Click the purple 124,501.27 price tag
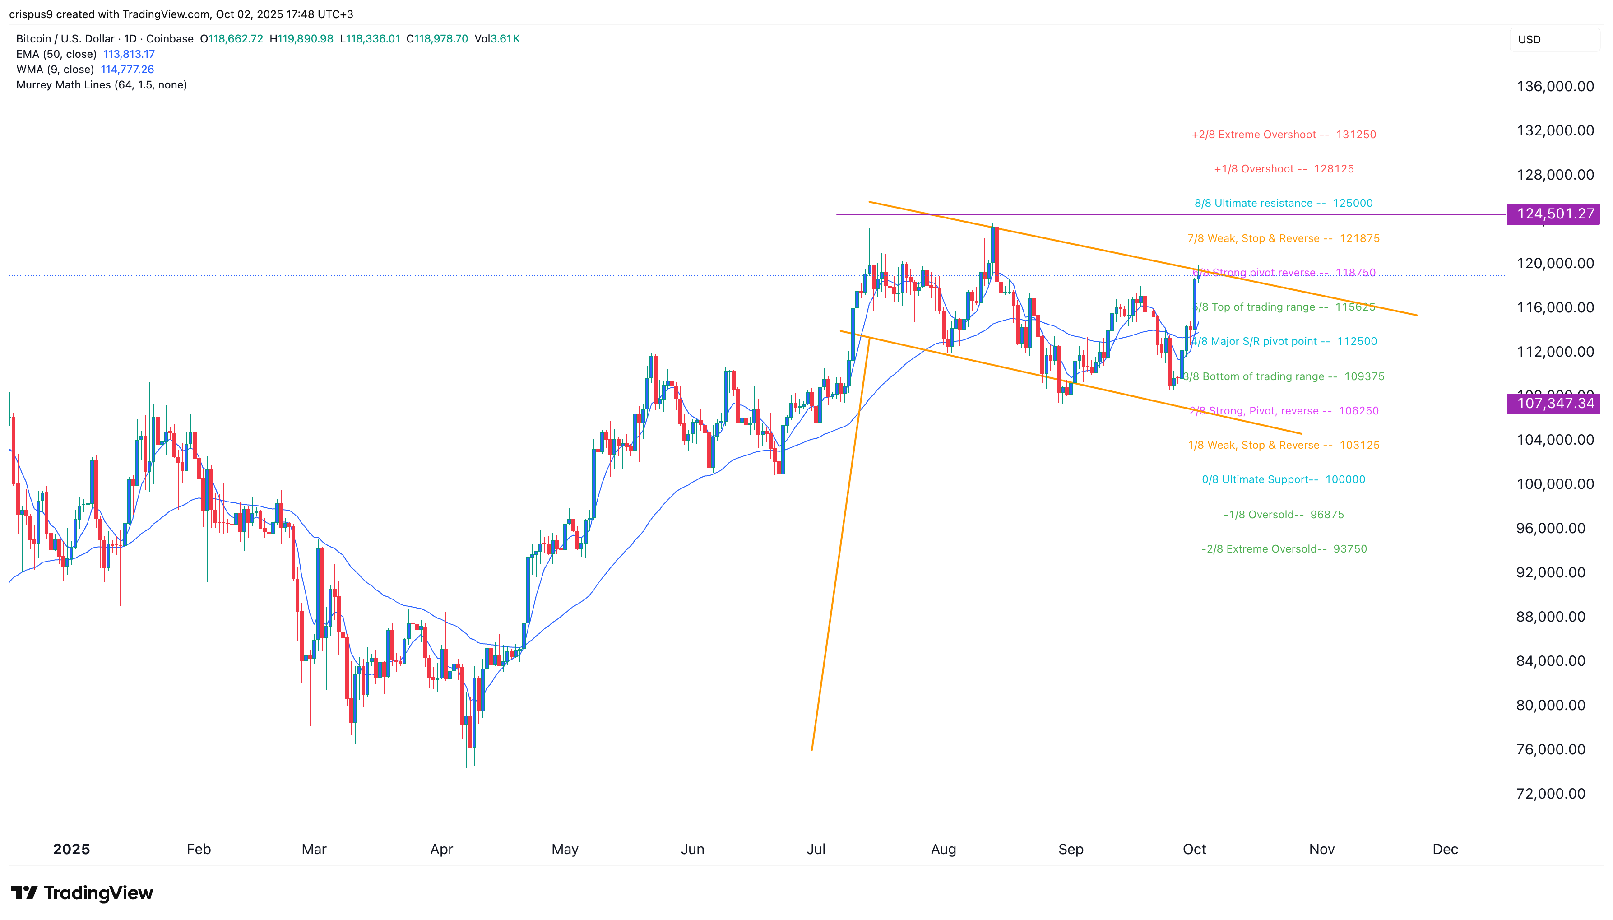[x=1554, y=214]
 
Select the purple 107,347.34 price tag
[x=1554, y=403]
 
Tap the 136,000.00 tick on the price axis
[x=1555, y=87]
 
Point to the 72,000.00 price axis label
[x=1550, y=794]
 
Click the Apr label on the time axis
[x=441, y=849]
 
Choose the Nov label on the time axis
[x=1321, y=849]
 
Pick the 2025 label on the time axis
[x=71, y=849]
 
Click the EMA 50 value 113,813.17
[x=129, y=54]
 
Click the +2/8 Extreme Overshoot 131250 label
[x=1284, y=135]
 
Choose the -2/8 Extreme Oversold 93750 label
[x=1284, y=549]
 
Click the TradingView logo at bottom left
[x=82, y=893]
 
